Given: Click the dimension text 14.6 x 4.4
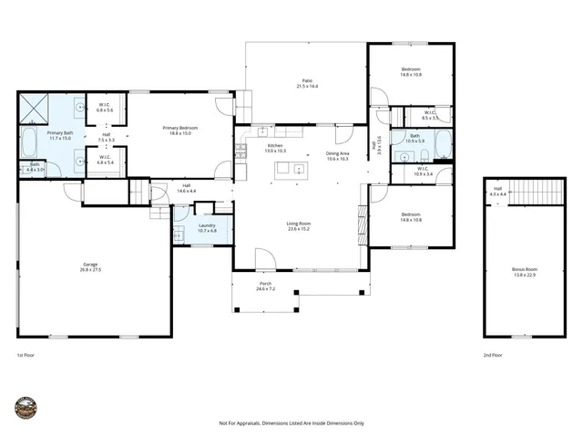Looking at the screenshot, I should click(x=186, y=190).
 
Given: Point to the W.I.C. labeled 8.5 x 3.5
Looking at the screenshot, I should click(x=430, y=116).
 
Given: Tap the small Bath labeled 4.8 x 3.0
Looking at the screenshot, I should click(x=35, y=167).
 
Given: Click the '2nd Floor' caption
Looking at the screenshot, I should click(x=494, y=355).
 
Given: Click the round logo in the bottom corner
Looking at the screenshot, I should click(x=26, y=409).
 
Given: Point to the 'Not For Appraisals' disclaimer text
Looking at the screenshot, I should click(x=291, y=423).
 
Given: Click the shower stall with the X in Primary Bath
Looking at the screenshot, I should click(x=34, y=108).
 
